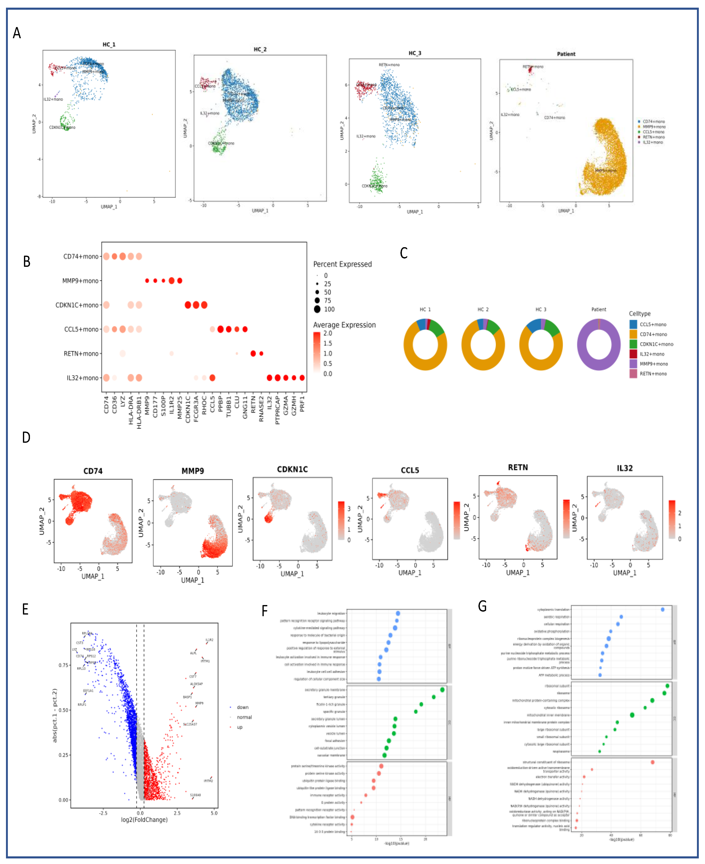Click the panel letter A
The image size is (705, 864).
[x=17, y=33]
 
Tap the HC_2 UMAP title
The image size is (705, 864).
[x=260, y=50]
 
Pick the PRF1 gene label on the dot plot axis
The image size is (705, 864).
[x=302, y=404]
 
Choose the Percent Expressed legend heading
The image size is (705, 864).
[x=342, y=264]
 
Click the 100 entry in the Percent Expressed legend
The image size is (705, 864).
[x=329, y=309]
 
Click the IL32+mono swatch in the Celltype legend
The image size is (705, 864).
[x=633, y=354]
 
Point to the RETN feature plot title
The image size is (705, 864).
[x=518, y=467]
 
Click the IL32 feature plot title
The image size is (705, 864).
[x=625, y=468]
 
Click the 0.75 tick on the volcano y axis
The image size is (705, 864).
[x=63, y=665]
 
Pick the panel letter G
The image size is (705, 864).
[x=482, y=606]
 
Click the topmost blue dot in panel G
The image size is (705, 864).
[x=662, y=609]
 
